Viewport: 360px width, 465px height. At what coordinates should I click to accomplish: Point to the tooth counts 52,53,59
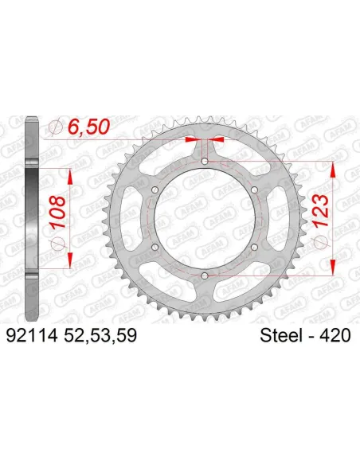pos(102,337)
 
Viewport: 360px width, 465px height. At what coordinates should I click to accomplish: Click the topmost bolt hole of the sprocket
pos(205,162)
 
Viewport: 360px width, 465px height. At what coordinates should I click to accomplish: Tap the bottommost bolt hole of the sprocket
pos(205,275)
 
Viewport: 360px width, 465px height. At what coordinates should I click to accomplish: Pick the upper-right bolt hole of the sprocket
pos(254,190)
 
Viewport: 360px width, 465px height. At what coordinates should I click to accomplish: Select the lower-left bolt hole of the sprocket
pos(156,247)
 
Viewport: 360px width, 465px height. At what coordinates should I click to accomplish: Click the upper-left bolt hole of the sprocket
pos(156,190)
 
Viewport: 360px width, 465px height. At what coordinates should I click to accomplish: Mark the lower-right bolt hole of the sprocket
pos(254,247)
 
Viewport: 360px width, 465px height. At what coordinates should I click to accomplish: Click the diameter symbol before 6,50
pos(53,127)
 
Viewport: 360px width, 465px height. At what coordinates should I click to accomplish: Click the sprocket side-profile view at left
pos(29,219)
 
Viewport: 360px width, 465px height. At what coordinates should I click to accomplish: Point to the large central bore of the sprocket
pos(205,219)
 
